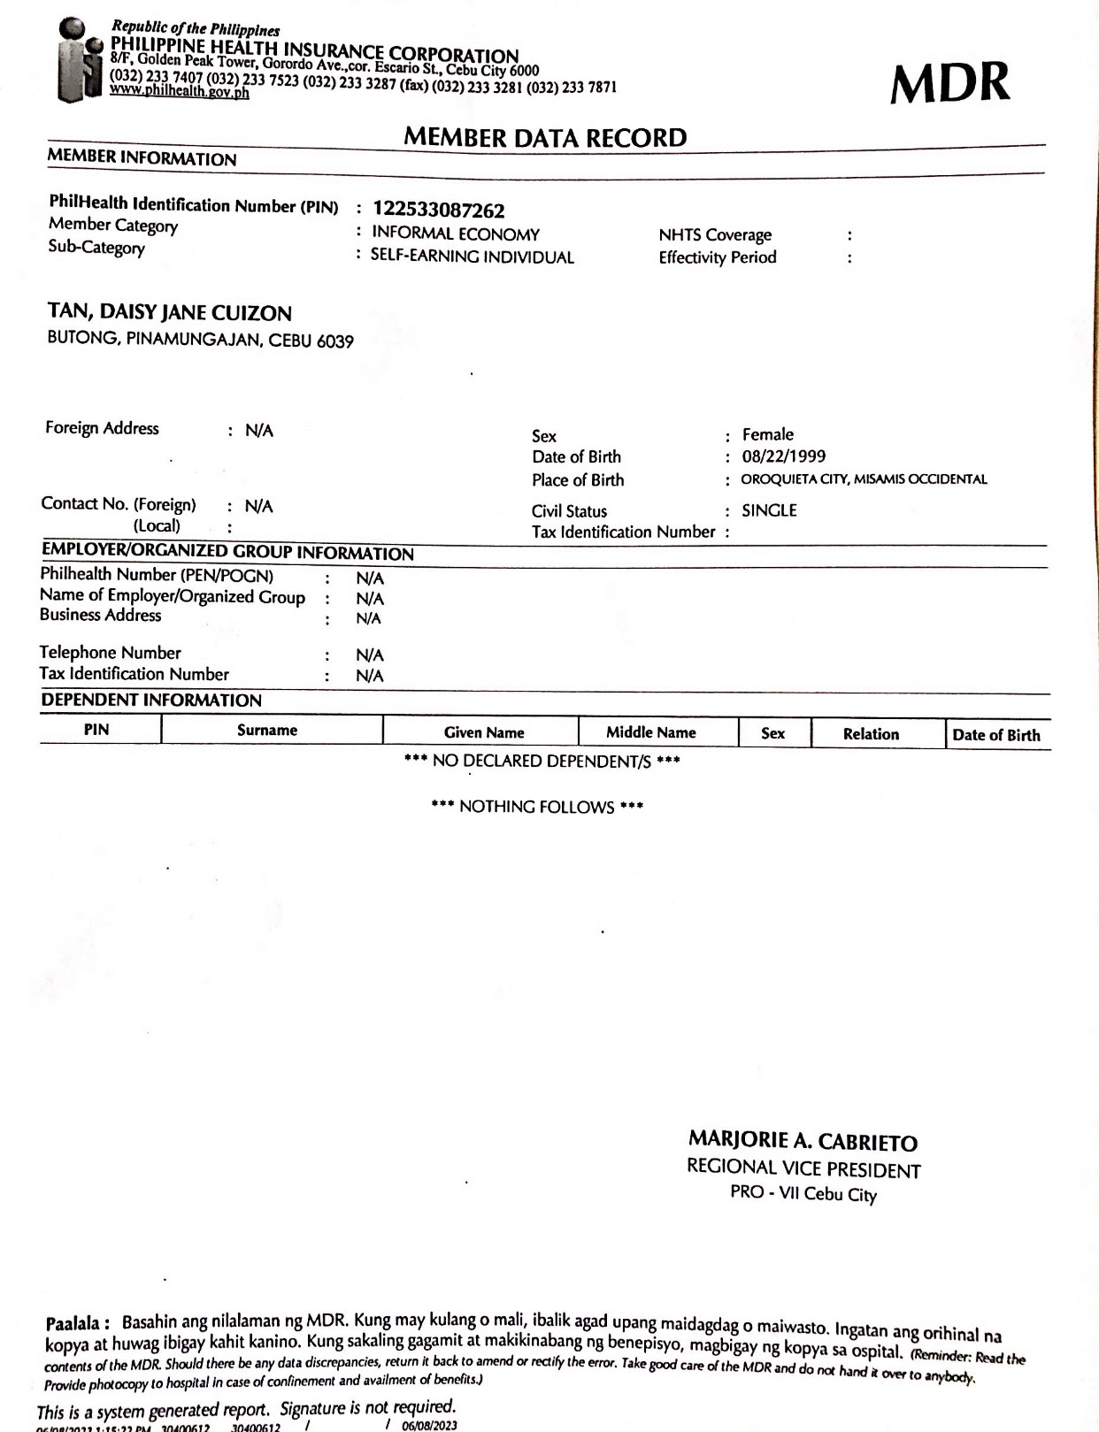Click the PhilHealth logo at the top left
pyautogui.click(x=82, y=60)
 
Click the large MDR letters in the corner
pyautogui.click(x=949, y=84)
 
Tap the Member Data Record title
pyautogui.click(x=545, y=138)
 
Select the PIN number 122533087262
pyautogui.click(x=439, y=211)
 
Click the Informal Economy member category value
pyautogui.click(x=456, y=234)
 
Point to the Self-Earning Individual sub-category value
pyautogui.click(x=473, y=257)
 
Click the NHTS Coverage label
pyautogui.click(x=715, y=235)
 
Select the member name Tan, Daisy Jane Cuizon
pyautogui.click(x=170, y=313)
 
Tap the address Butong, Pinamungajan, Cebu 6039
pyautogui.click(x=201, y=340)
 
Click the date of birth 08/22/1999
pyautogui.click(x=784, y=456)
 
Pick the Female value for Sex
pyautogui.click(x=768, y=434)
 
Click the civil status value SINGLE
pyautogui.click(x=769, y=510)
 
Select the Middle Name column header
pyautogui.click(x=651, y=732)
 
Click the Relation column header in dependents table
pyautogui.click(x=871, y=734)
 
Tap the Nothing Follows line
pyautogui.click(x=537, y=807)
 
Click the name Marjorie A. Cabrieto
pyautogui.click(x=803, y=1142)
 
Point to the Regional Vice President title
pyautogui.click(x=803, y=1169)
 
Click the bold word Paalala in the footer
pyautogui.click(x=78, y=1324)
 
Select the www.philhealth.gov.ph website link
pyautogui.click(x=179, y=92)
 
